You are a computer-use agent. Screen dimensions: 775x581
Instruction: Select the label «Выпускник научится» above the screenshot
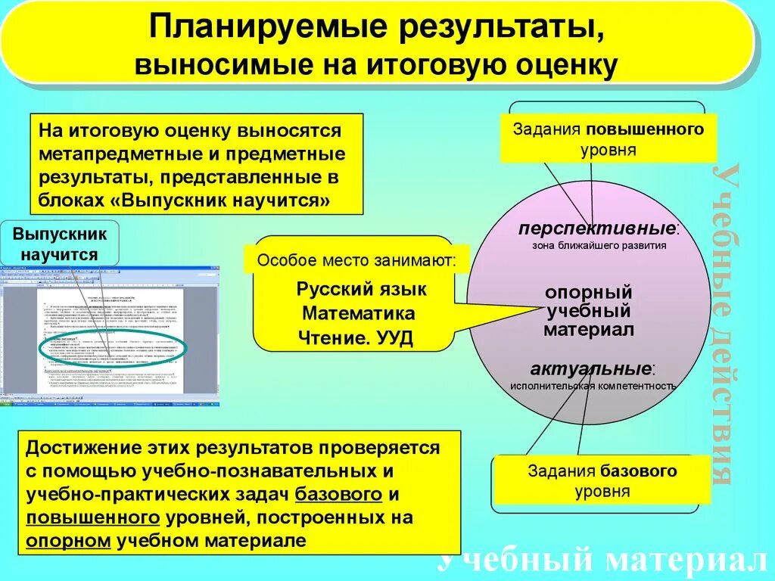tap(60, 244)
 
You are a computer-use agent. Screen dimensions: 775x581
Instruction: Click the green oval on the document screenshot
tap(113, 347)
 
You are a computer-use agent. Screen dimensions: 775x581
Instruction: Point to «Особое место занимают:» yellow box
tap(356, 261)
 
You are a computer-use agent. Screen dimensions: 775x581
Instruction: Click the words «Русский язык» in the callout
tap(361, 289)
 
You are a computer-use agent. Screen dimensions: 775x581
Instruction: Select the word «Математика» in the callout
tap(358, 313)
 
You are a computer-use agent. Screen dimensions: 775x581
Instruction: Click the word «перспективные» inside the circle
tap(596, 228)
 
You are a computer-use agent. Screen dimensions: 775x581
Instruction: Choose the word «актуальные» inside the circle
tap(590, 369)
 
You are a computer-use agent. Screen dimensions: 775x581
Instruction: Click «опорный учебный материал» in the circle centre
tap(588, 311)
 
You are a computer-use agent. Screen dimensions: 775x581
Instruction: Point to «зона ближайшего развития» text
tap(599, 245)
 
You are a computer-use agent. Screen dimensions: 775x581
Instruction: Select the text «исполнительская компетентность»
tap(592, 385)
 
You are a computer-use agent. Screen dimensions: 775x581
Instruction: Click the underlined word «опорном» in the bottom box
tap(68, 542)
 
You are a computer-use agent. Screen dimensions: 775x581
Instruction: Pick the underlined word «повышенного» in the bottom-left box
tap(92, 518)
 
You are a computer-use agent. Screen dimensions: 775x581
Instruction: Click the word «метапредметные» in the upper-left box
tap(109, 154)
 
